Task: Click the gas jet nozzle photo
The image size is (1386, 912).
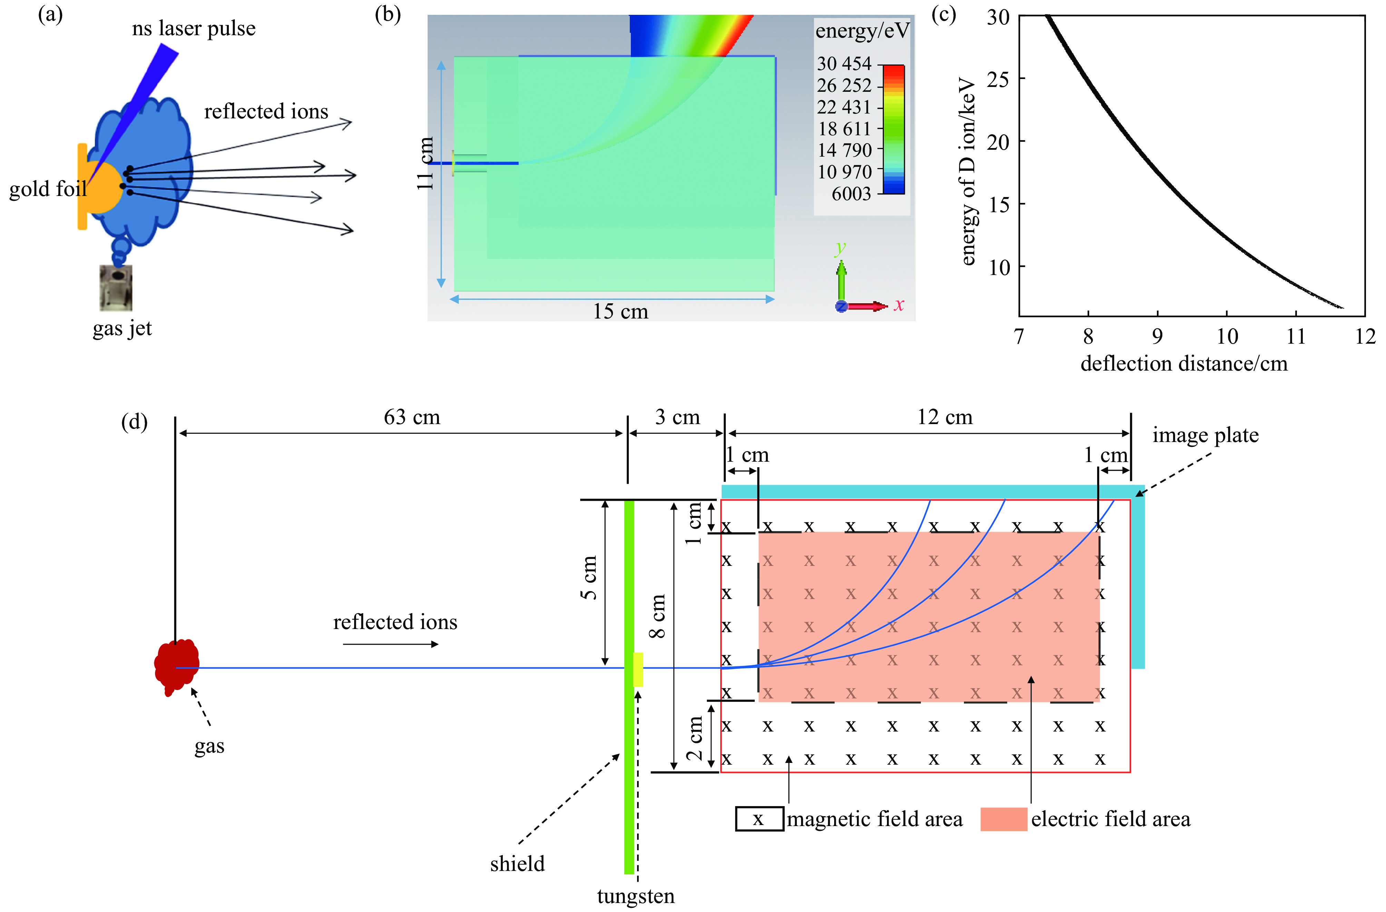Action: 116,288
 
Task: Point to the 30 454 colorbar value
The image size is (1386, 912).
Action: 844,63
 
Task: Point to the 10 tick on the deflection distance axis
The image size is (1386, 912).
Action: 1227,336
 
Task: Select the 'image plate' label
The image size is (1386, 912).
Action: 1206,435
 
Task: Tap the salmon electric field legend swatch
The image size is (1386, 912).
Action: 1003,819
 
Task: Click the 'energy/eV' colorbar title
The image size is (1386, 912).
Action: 862,30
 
